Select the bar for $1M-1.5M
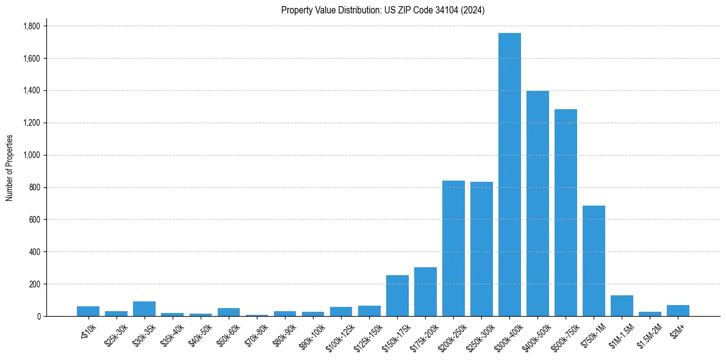click(x=622, y=306)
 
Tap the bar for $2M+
click(x=678, y=311)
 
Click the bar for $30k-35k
click(x=144, y=309)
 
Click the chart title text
click(x=383, y=10)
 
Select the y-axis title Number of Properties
click(x=10, y=168)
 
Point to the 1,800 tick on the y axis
click(x=31, y=26)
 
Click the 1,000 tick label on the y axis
click(x=31, y=155)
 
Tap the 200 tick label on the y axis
click(x=34, y=284)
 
